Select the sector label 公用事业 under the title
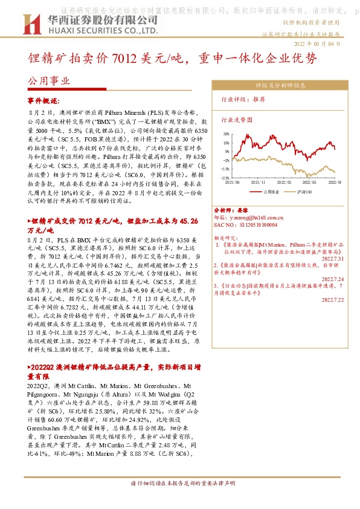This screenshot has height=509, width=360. click(49, 80)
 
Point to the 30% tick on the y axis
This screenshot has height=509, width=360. click(225, 134)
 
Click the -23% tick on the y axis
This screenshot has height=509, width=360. click(225, 178)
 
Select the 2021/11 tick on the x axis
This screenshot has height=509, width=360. click(259, 181)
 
